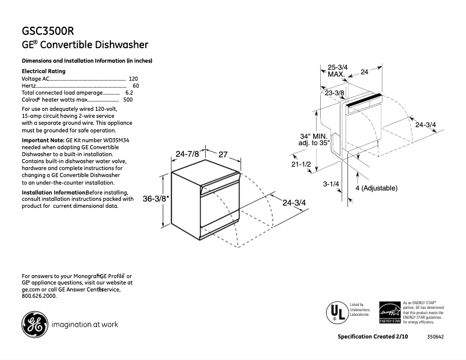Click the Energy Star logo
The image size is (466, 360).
pyautogui.click(x=389, y=313)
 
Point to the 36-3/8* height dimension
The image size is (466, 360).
pyautogui.click(x=156, y=199)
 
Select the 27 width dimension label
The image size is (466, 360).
pyautogui.click(x=223, y=154)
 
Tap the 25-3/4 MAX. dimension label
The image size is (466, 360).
pyautogui.click(x=338, y=71)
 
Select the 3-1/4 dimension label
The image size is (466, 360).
pyautogui.click(x=331, y=184)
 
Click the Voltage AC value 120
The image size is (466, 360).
pyautogui.click(x=133, y=78)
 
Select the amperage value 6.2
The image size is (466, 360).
pyautogui.click(x=129, y=92)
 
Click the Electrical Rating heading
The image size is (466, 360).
pyautogui.click(x=44, y=71)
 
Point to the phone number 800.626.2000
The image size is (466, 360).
pyautogui.click(x=39, y=296)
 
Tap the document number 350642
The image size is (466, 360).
pyautogui.click(x=435, y=337)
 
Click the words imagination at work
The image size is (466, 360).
pyautogui.click(x=85, y=325)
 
